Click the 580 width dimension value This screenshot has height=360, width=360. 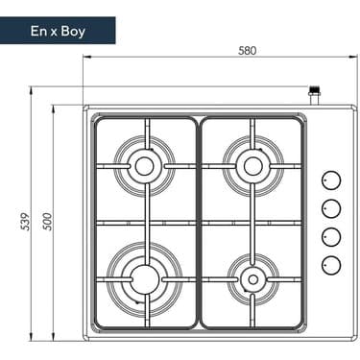click(x=220, y=51)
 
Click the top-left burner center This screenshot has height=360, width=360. click(x=144, y=166)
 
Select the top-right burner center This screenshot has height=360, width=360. click(x=252, y=166)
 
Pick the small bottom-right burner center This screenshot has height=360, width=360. click(x=252, y=278)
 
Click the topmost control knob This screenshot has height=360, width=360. click(x=331, y=180)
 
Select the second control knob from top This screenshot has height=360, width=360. click(x=331, y=207)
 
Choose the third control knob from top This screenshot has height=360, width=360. click(x=331, y=236)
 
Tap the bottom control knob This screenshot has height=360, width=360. click(x=331, y=264)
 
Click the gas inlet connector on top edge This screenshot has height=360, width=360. click(x=313, y=97)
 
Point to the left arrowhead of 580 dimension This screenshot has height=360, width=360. click(x=86, y=60)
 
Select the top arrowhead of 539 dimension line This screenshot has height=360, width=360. click(x=34, y=92)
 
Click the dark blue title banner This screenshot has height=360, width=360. click(x=58, y=31)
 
